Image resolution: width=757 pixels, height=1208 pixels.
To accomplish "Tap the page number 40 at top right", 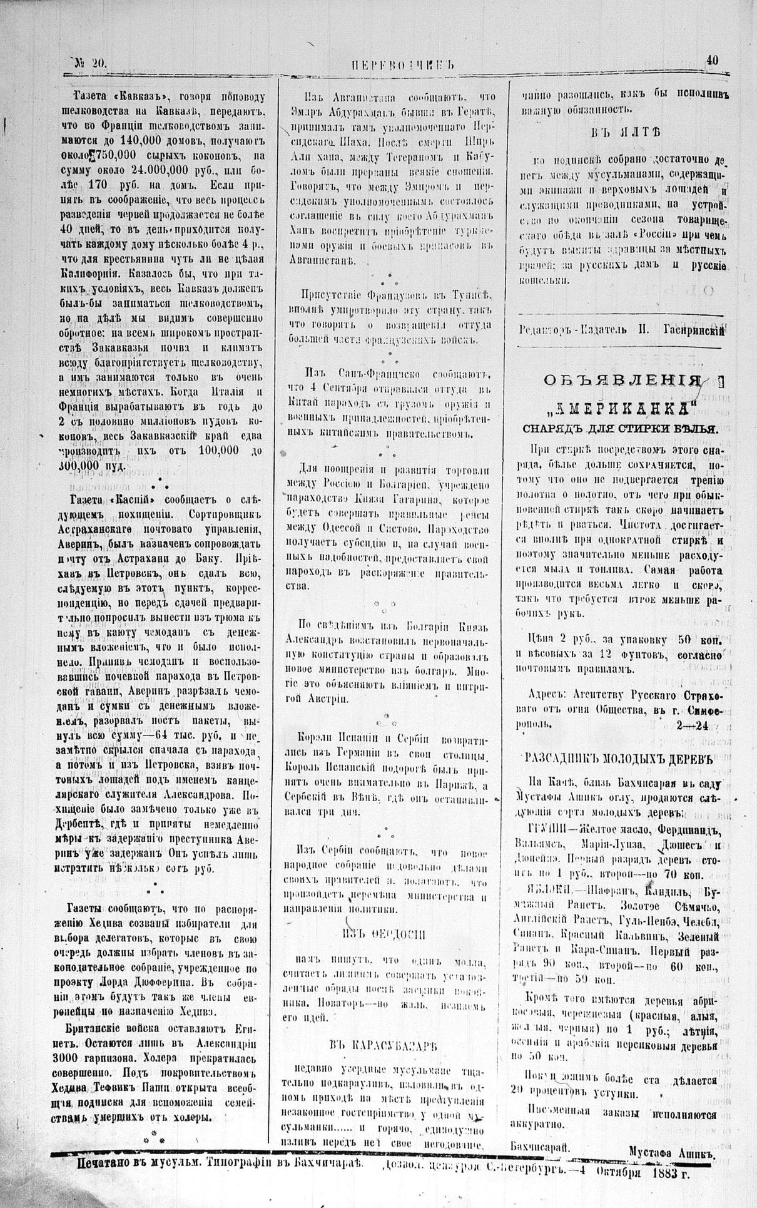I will click(712, 60).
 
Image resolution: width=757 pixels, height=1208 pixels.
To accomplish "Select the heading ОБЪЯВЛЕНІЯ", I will click(621, 381).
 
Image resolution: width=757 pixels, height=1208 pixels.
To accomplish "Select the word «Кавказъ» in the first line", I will click(143, 97).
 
